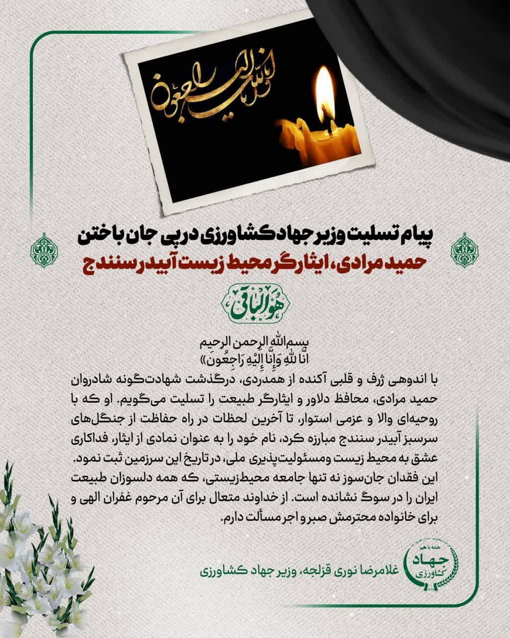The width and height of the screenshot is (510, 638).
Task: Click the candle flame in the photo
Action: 324,95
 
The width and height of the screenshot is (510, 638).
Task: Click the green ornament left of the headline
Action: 44,250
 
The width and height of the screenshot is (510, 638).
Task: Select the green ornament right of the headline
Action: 465,250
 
